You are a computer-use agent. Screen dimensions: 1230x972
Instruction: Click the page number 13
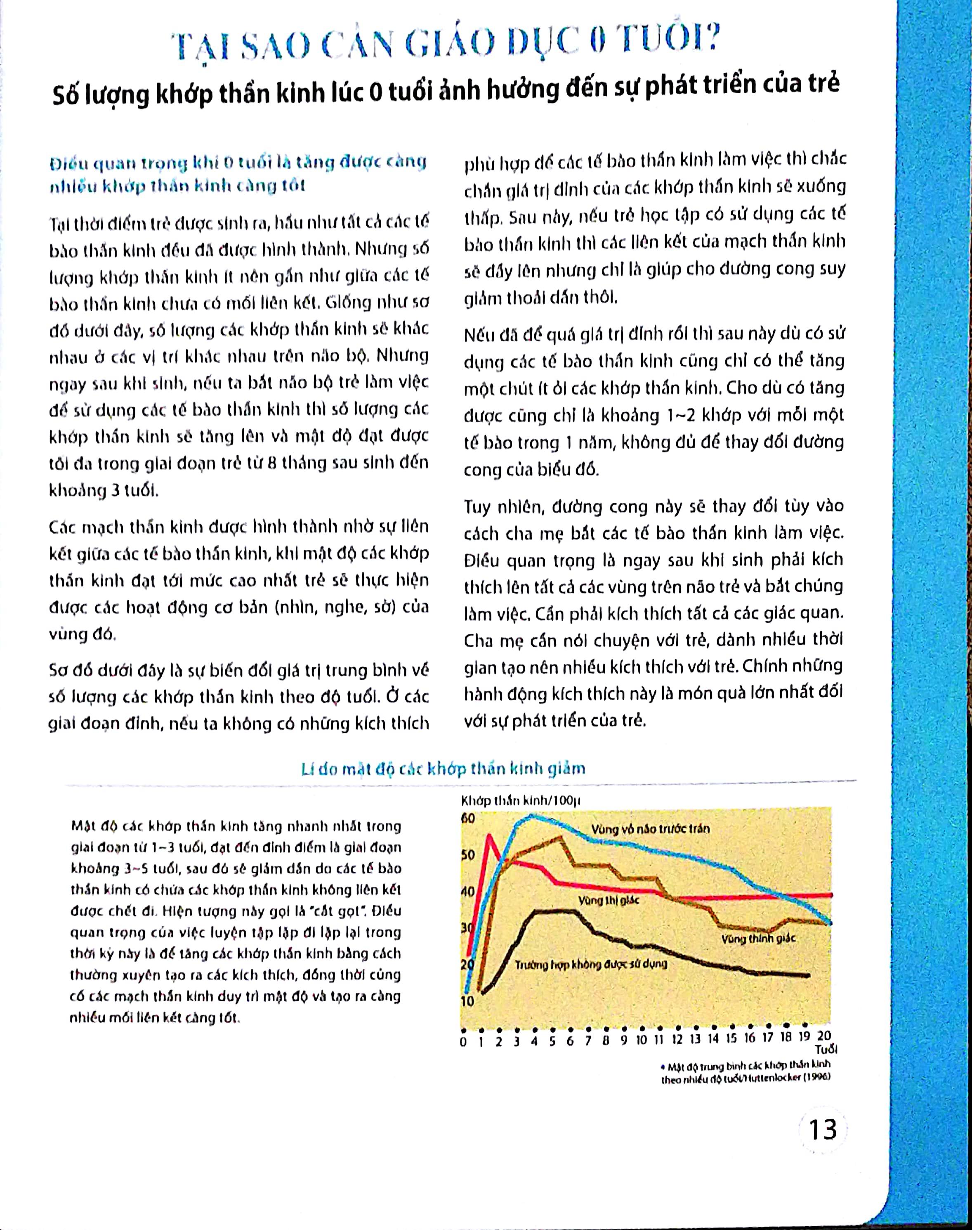[823, 1130]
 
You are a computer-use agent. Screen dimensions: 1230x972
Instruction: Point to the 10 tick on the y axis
[467, 1002]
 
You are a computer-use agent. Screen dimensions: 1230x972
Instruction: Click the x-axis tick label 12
[677, 1038]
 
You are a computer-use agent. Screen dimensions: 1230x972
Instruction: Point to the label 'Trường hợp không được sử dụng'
[591, 964]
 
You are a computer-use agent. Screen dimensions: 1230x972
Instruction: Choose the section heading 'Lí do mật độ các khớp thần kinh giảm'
[443, 769]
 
